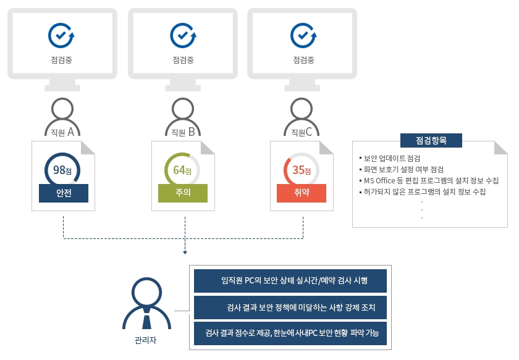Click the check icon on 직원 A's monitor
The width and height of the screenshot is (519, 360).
(x=61, y=36)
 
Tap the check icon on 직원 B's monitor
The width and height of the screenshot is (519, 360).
(x=183, y=36)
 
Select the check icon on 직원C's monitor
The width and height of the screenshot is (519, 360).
(x=303, y=36)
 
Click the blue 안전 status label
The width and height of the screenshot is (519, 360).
(x=63, y=193)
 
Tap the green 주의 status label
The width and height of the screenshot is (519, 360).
(x=182, y=193)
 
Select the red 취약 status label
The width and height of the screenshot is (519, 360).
(x=301, y=193)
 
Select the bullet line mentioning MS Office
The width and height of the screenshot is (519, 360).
(x=431, y=180)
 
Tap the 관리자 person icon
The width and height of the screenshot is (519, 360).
(x=146, y=304)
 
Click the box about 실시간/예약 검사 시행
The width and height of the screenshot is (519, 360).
(x=290, y=280)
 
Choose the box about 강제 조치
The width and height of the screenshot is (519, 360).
(x=290, y=307)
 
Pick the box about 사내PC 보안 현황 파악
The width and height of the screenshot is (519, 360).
(x=290, y=333)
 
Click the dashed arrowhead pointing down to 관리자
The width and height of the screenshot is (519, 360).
(x=184, y=251)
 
